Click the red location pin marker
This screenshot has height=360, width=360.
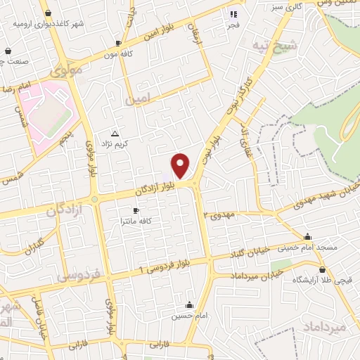click(181, 165)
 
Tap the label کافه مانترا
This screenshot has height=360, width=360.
click(136, 221)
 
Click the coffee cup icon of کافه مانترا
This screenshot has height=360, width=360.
click(136, 210)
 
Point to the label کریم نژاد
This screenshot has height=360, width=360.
click(115, 143)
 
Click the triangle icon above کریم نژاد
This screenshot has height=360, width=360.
click(115, 132)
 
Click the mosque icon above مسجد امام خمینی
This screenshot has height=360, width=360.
click(307, 237)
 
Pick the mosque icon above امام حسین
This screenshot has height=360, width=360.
click(189, 305)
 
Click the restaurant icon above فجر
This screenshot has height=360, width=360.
click(233, 13)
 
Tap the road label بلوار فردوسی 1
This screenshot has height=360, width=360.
click(167, 266)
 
